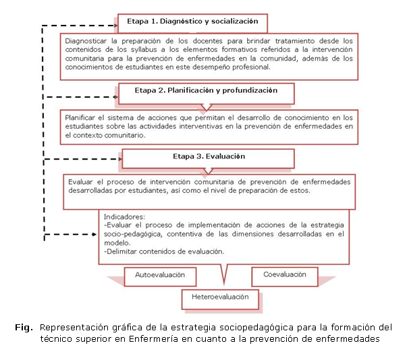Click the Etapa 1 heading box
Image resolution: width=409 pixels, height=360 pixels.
pyautogui.click(x=192, y=22)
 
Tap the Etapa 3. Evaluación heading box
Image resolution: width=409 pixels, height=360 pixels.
pyautogui.click(x=208, y=157)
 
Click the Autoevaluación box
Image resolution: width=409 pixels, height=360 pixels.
pyautogui.click(x=161, y=276)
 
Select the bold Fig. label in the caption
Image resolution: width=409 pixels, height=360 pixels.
pyautogui.click(x=24, y=328)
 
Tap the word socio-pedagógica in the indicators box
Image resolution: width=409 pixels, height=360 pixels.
pyautogui.click(x=140, y=234)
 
